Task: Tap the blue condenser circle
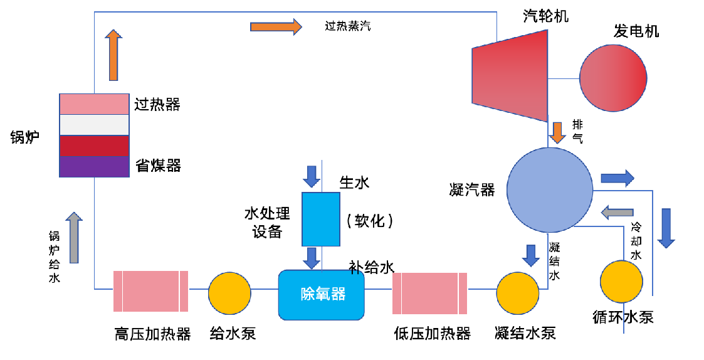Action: pyautogui.click(x=549, y=189)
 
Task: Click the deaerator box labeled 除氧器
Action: pyautogui.click(x=322, y=294)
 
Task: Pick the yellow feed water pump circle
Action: pyautogui.click(x=229, y=292)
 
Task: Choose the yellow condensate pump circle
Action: pyautogui.click(x=518, y=292)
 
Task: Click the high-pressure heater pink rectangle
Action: pyautogui.click(x=150, y=291)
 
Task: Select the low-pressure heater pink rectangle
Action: pyautogui.click(x=429, y=292)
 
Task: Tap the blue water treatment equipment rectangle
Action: pyautogui.click(x=320, y=219)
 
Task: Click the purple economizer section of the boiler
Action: pyautogui.click(x=94, y=167)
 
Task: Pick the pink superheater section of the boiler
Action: pyautogui.click(x=94, y=104)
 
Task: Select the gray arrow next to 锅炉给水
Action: pyautogui.click(x=75, y=237)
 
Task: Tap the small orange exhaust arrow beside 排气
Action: pyautogui.click(x=557, y=132)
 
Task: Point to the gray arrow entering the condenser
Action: pyautogui.click(x=617, y=213)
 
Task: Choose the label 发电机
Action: pyautogui.click(x=636, y=31)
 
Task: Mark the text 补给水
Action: pyautogui.click(x=371, y=268)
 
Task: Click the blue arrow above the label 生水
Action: pyautogui.click(x=311, y=176)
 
